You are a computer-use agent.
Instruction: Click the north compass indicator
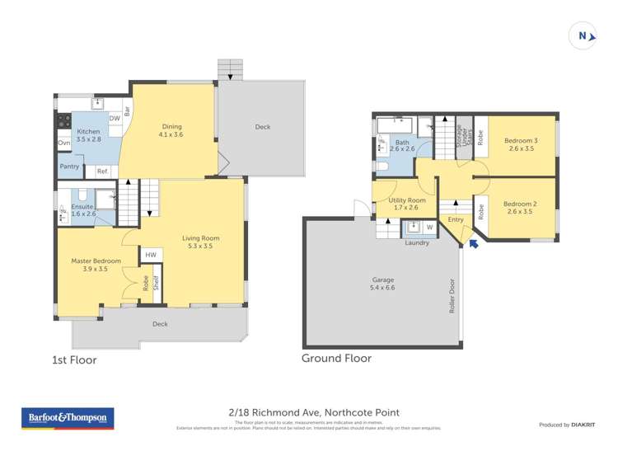pos(583,35)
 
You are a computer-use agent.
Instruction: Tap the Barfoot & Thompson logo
pos(69,419)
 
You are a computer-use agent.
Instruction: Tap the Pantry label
pos(70,167)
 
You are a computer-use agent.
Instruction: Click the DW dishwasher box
pos(115,119)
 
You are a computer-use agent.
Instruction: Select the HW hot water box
pos(151,256)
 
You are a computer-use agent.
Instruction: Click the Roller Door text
pos(451,294)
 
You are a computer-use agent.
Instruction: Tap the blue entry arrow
pos(473,244)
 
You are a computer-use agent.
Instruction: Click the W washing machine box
pos(429,227)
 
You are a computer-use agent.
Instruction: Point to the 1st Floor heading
pos(74,359)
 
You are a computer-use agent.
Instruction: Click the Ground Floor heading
pos(336,358)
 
